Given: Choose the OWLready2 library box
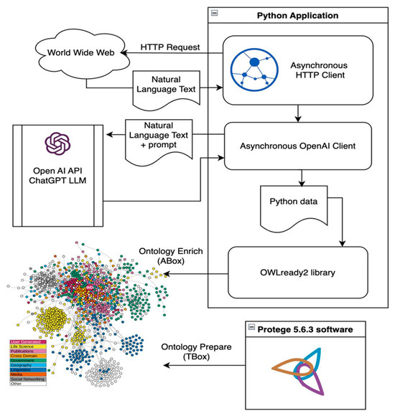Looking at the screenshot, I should (298, 273).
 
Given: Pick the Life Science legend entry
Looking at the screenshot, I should (25, 346).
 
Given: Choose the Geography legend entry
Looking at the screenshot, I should (25, 364).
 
